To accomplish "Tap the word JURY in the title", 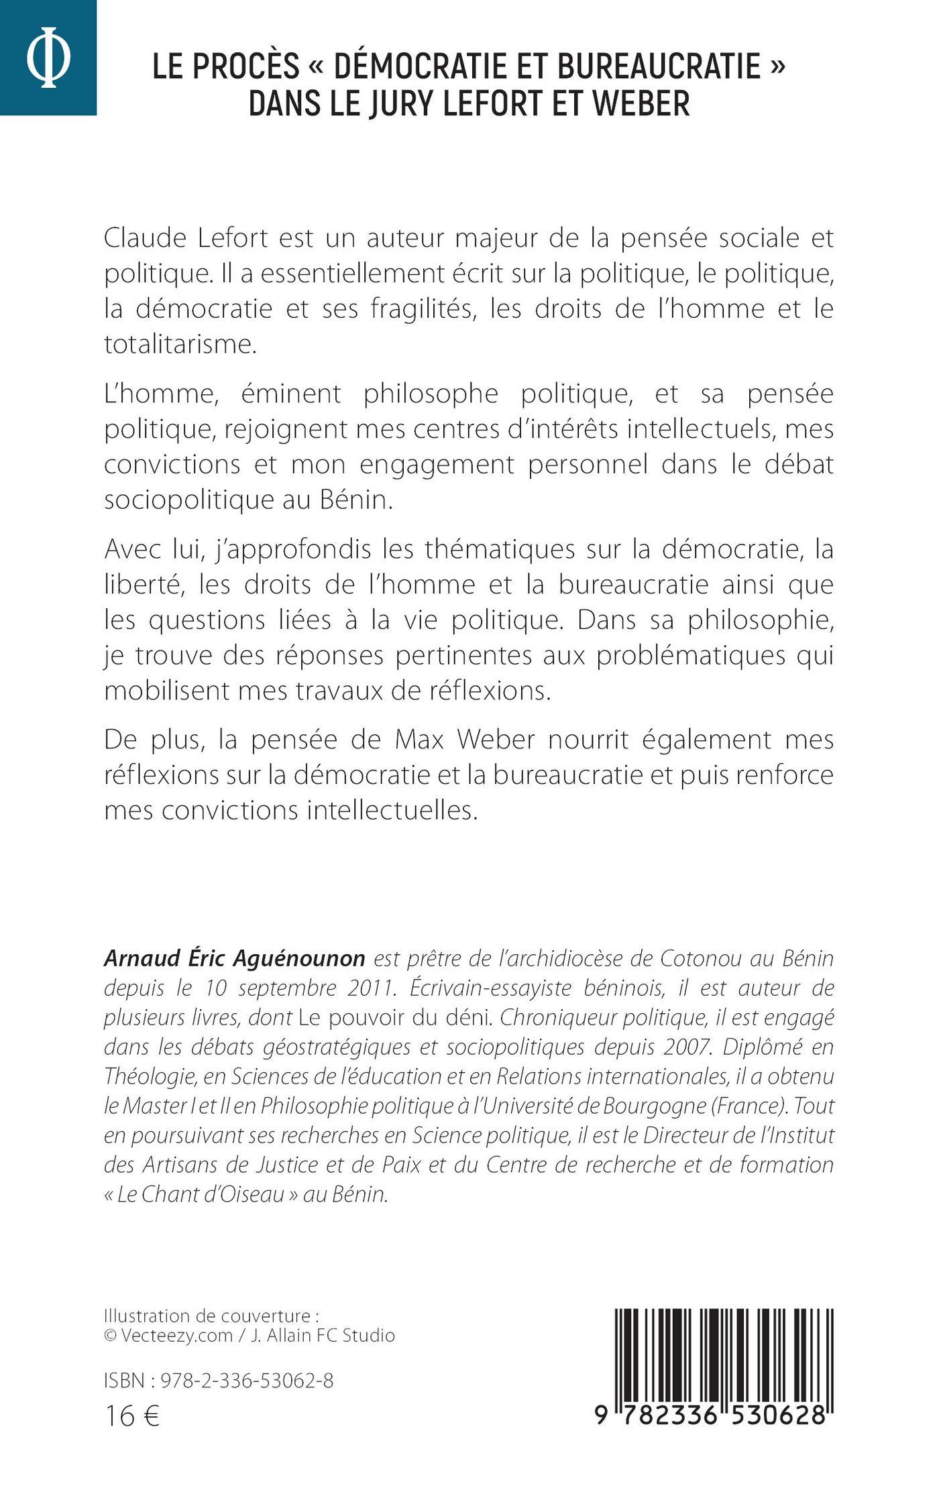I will pos(400,104).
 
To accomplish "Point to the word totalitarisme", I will pos(180,345).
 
